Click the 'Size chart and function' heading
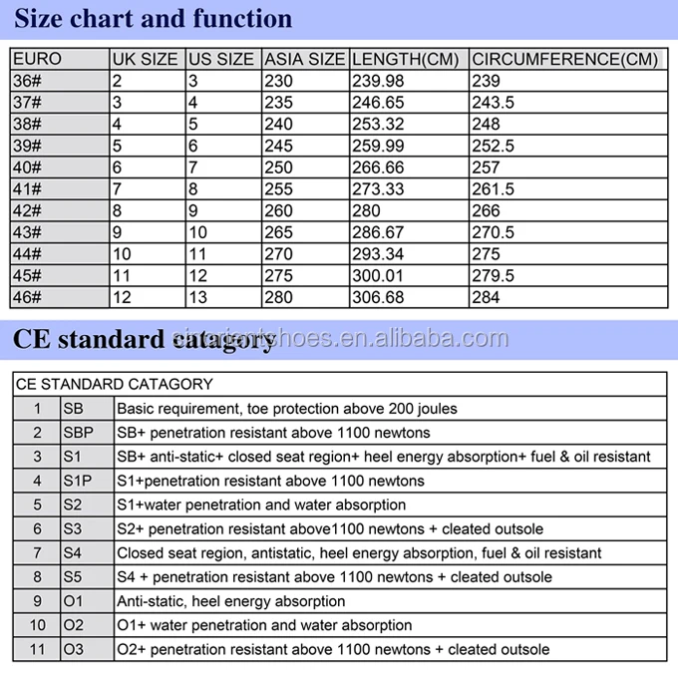click(153, 19)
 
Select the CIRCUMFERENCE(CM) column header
click(564, 60)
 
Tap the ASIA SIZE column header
click(305, 60)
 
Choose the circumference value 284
click(486, 297)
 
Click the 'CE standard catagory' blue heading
click(142, 339)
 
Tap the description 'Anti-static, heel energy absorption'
click(231, 601)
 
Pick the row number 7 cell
click(38, 552)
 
